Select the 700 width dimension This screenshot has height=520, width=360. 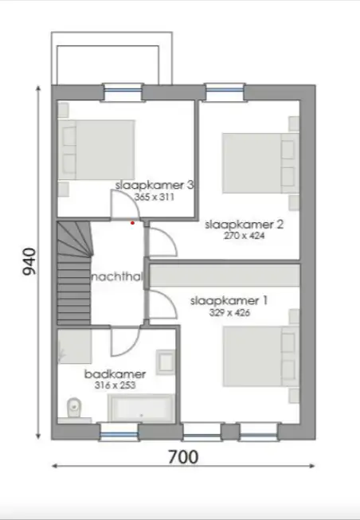pos(183,457)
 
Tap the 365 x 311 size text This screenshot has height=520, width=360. pos(155,197)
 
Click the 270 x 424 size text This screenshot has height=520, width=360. pos(245,236)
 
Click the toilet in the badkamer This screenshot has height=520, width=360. pos(73,408)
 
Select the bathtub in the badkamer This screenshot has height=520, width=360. pos(141,409)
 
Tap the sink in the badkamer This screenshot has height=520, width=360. pos(166,362)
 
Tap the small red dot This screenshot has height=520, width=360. pos(132,223)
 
